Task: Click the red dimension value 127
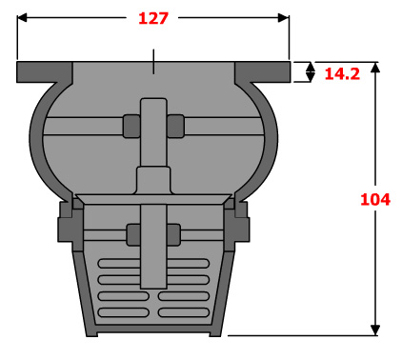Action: click(153, 18)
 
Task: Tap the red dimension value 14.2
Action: click(342, 74)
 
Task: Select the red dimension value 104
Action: click(375, 199)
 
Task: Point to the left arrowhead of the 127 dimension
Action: click(22, 18)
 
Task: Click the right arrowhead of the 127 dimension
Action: click(284, 18)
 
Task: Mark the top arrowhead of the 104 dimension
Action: click(375, 68)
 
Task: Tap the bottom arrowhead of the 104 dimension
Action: click(375, 330)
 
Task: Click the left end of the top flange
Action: click(17, 72)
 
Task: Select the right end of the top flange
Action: click(290, 72)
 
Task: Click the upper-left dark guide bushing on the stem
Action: click(131, 126)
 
